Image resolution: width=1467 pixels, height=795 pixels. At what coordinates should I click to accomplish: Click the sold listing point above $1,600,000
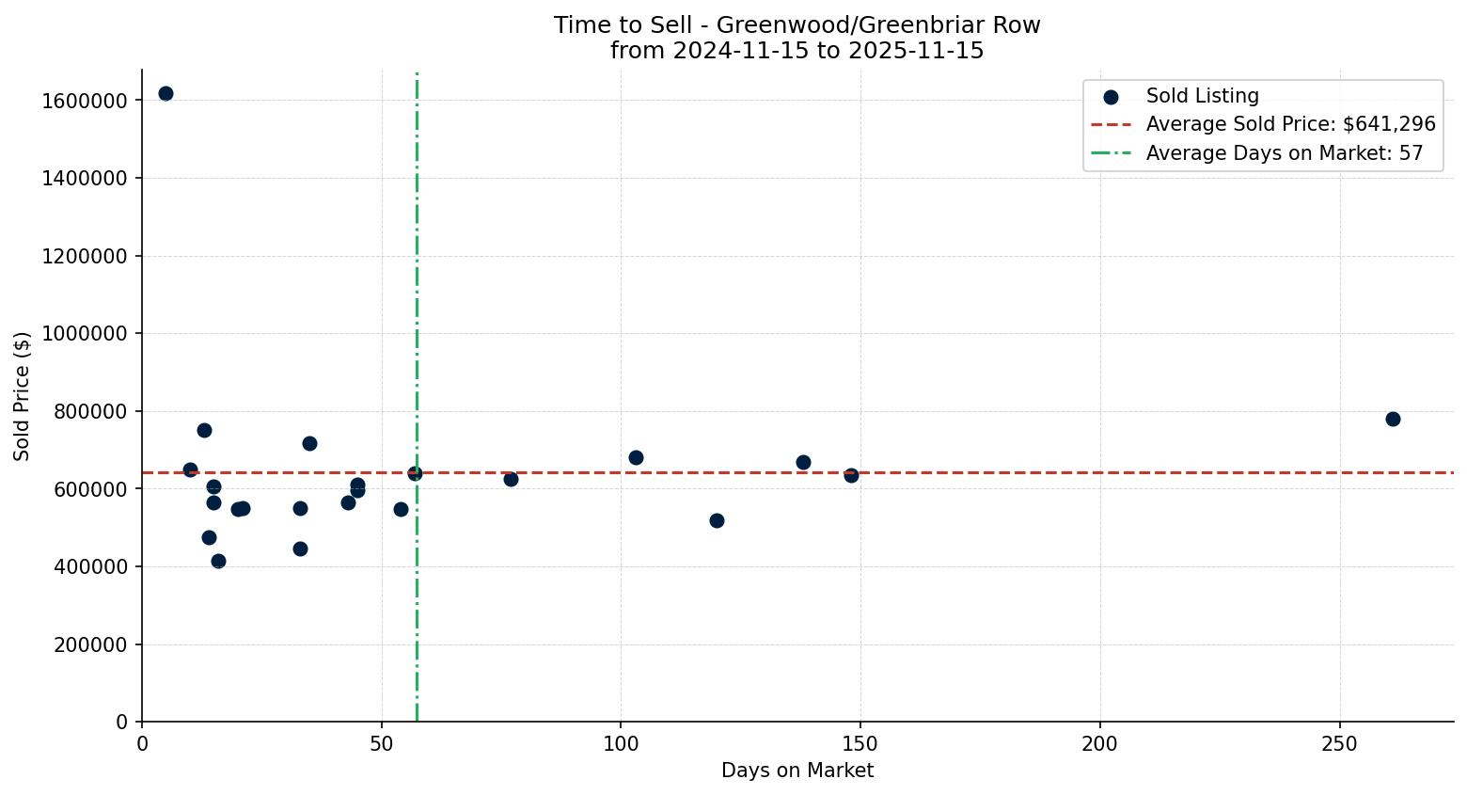click(x=166, y=93)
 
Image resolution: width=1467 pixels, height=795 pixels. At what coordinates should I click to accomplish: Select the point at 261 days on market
click(x=1393, y=419)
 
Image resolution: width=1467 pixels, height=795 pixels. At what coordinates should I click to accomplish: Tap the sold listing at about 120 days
click(x=717, y=520)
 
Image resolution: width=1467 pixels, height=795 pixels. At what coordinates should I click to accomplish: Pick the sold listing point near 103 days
click(x=636, y=457)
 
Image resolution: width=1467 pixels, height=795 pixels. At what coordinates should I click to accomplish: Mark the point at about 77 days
click(x=511, y=479)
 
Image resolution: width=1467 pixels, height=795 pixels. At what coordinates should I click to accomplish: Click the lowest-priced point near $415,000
click(x=218, y=561)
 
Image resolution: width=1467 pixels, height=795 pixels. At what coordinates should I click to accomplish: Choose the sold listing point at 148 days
click(x=851, y=475)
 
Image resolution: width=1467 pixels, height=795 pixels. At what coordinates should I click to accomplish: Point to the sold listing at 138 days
click(x=803, y=462)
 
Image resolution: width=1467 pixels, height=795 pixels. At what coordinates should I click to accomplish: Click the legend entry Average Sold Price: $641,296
click(x=1290, y=124)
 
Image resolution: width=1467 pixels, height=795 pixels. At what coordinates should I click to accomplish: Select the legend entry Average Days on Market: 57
click(x=1284, y=153)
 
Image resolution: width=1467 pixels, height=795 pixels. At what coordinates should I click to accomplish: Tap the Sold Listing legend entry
click(x=1202, y=96)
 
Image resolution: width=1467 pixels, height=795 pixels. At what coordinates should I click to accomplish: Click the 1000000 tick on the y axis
click(x=85, y=334)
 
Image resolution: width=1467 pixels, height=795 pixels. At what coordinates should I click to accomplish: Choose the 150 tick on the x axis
click(x=860, y=744)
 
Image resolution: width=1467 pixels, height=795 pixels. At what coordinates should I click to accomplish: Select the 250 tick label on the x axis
click(x=1339, y=744)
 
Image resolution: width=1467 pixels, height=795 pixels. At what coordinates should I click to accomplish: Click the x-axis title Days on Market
click(x=797, y=771)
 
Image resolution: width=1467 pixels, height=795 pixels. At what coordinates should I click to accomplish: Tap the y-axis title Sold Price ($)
click(x=23, y=395)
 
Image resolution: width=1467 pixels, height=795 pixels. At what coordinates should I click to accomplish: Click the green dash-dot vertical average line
click(x=417, y=282)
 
